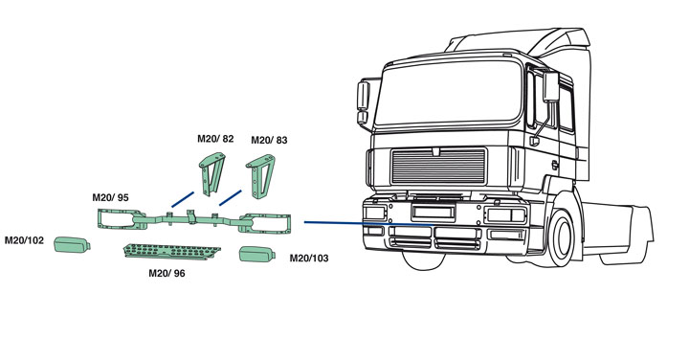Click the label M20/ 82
pos(215,139)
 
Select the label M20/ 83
pos(269,140)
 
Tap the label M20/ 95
pos(110,197)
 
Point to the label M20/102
pos(24,240)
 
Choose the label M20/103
pos(309,258)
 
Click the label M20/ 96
pos(167,274)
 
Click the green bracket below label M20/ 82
pos(211,173)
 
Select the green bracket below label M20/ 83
pos(260,175)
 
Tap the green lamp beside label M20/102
pos(72,244)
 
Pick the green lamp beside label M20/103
pos(257,254)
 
